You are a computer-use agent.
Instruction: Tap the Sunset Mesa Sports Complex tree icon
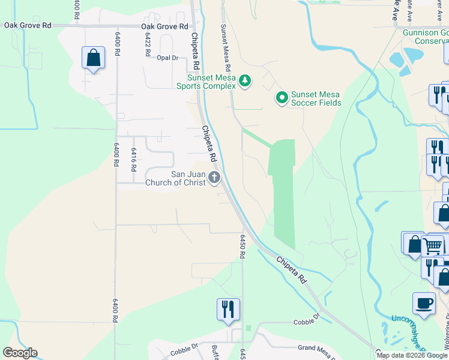click(x=244, y=80)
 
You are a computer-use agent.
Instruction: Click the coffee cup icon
click(x=424, y=302)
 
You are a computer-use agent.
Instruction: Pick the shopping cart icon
click(x=432, y=245)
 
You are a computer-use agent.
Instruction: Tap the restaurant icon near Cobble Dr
click(x=228, y=309)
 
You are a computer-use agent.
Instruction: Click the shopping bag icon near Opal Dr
click(x=93, y=58)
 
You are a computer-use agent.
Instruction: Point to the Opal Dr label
click(x=168, y=58)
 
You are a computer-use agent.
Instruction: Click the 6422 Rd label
click(x=147, y=44)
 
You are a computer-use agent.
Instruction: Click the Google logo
click(x=20, y=353)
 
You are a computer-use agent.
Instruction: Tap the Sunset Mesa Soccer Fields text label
click(x=316, y=98)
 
